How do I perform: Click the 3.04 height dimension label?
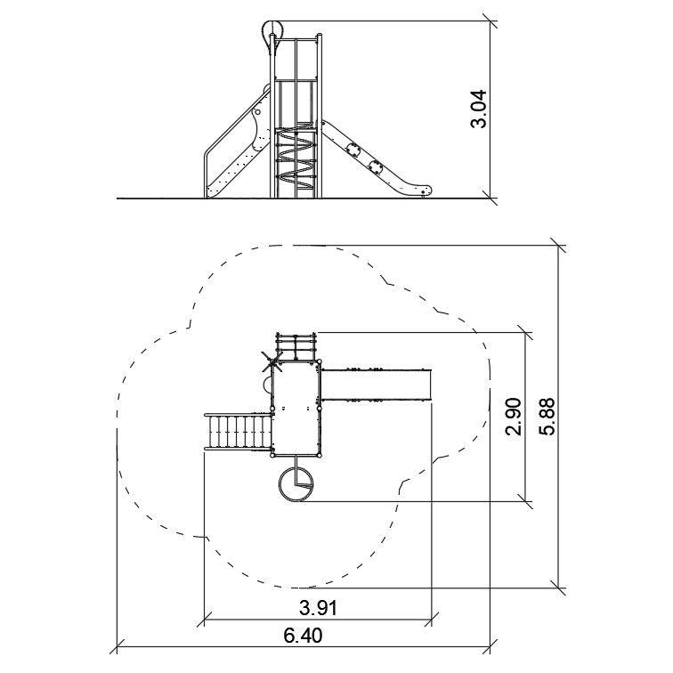pos(479,109)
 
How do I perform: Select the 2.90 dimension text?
pos(514,417)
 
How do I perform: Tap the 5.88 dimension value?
pos(547,417)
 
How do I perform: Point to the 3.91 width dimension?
pos(318,608)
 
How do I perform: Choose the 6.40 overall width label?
pos(303,636)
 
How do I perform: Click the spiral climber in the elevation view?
pos(296,158)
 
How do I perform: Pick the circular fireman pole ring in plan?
pos(296,484)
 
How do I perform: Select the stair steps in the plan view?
pos(239,433)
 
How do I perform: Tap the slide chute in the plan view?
pos(376,385)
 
